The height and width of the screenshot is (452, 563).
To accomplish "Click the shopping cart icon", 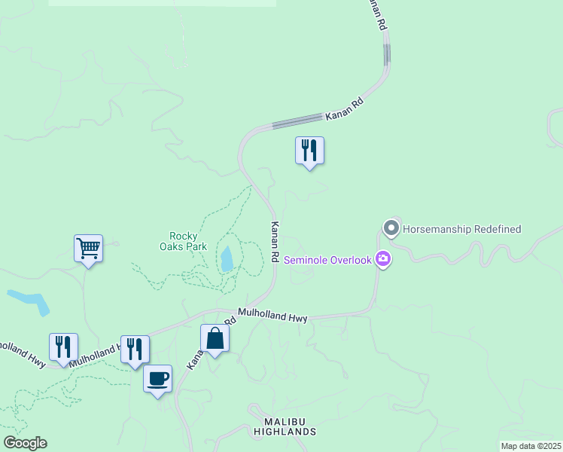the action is click(x=88, y=247).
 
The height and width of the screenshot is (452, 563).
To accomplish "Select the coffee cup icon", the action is click(x=157, y=379).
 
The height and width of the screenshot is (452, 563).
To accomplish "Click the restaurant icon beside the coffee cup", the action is click(x=135, y=349).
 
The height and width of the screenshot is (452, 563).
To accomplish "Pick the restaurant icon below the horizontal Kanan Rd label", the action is click(x=309, y=150).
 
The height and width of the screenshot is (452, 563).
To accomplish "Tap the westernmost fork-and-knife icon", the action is click(x=63, y=347).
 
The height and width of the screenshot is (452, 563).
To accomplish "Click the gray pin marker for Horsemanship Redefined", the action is click(x=391, y=228).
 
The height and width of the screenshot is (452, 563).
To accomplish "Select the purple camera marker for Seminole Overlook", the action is click(x=383, y=260).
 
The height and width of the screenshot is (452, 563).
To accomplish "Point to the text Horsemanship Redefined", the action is click(x=462, y=229).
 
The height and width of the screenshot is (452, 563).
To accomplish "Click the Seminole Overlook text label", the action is click(x=327, y=260).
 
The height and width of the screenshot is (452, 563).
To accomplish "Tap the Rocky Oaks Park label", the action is click(x=183, y=241).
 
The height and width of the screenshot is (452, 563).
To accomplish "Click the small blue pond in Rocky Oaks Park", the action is click(x=227, y=259).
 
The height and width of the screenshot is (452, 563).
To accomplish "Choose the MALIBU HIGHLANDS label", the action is click(x=290, y=426).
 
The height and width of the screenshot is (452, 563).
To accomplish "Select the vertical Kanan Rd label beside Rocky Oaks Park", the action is click(x=275, y=241).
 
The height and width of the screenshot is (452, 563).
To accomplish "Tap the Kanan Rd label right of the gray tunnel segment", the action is click(x=345, y=114).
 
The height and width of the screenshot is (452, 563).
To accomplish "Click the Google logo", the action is click(x=25, y=443).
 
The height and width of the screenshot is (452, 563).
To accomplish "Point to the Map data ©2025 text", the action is click(x=531, y=446).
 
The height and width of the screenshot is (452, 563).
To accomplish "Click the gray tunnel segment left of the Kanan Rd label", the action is click(x=299, y=121).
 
